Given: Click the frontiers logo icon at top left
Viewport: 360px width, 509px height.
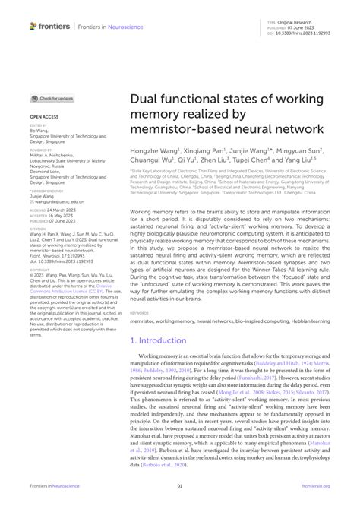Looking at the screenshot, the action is pos(33,26).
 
